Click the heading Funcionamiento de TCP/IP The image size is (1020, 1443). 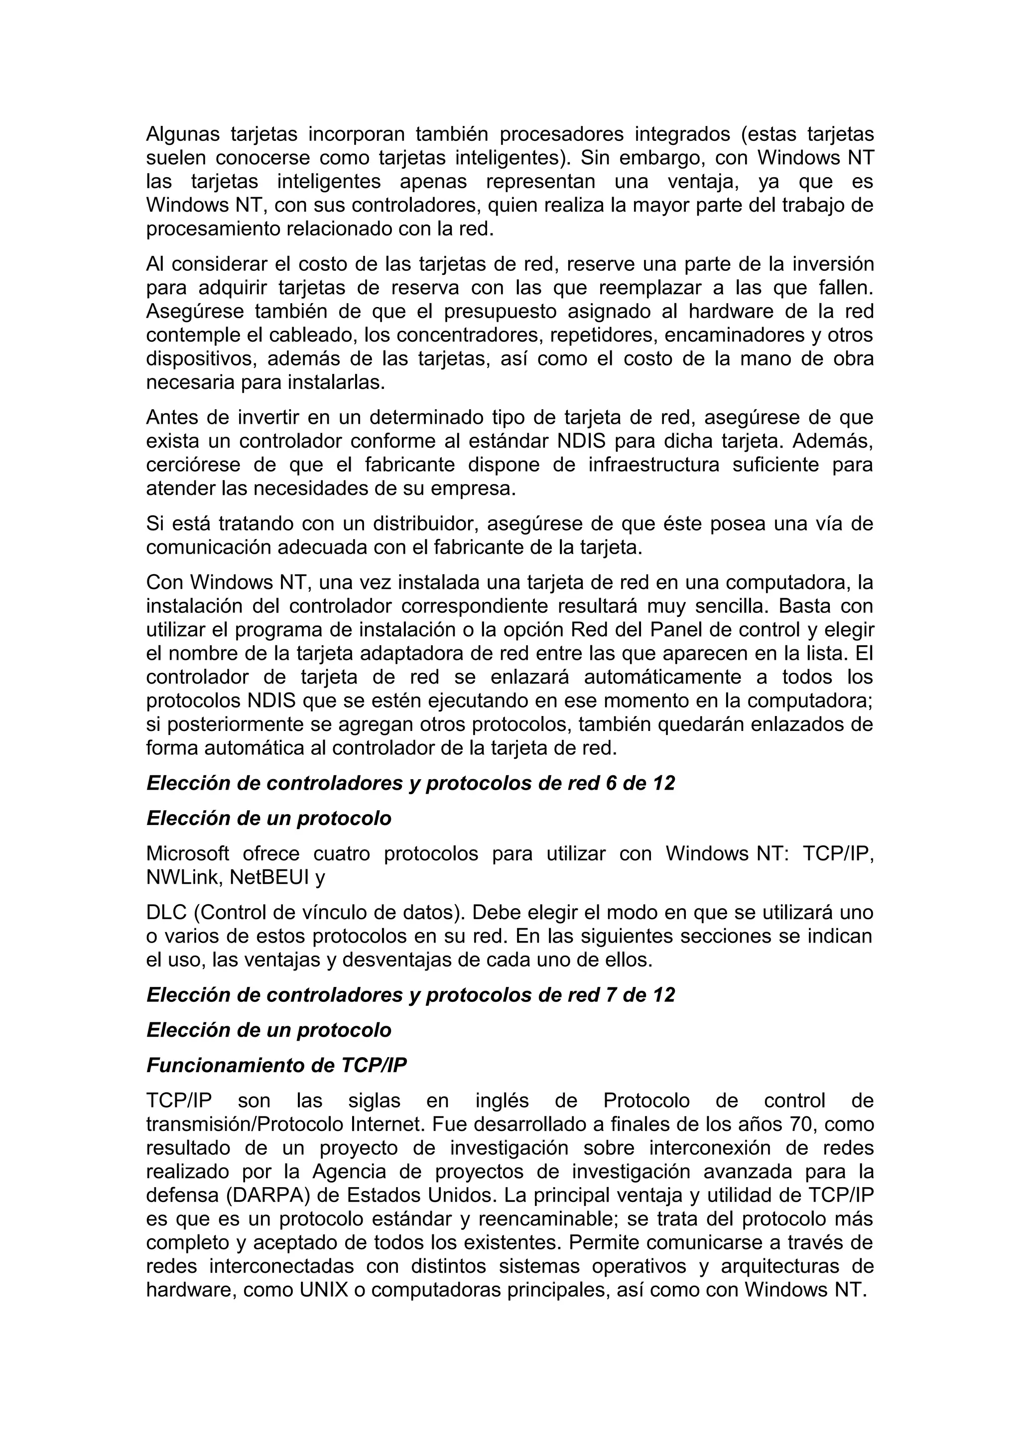click(x=276, y=1065)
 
